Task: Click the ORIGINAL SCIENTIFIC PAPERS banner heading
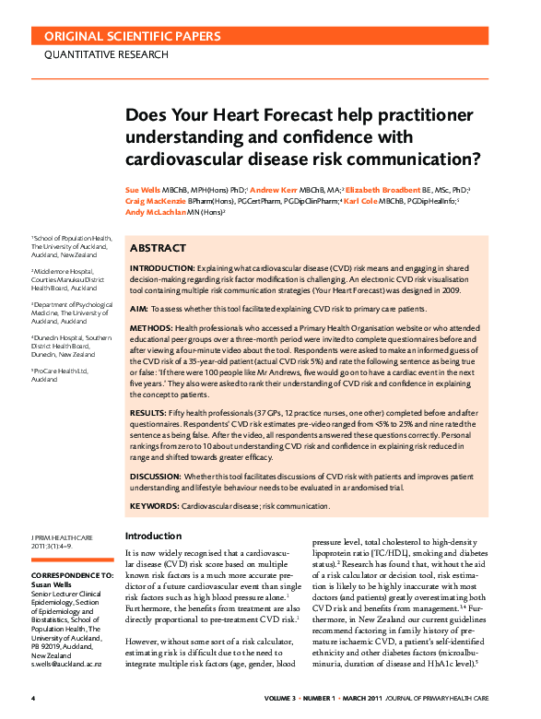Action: pos(134,37)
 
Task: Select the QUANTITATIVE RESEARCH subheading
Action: pos(107,54)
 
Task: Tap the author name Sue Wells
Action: pos(142,189)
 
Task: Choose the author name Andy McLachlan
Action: pos(159,211)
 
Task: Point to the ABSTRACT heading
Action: pos(158,249)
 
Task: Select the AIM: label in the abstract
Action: pos(138,313)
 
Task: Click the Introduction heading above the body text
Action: pos(154,536)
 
